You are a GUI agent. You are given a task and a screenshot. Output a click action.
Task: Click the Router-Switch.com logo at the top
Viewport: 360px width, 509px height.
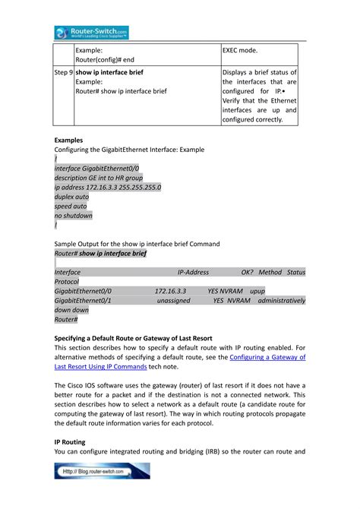[x=91, y=32]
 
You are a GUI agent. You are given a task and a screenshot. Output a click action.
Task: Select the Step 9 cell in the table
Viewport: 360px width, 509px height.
[x=63, y=72]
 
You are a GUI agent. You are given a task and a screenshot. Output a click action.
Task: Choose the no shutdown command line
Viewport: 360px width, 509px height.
[x=74, y=216]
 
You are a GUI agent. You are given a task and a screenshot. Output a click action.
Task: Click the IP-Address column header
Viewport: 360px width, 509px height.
[x=193, y=272]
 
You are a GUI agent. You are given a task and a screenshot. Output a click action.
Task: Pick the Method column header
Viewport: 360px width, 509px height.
[x=270, y=272]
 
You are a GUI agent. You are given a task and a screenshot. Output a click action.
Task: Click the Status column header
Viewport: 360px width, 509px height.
[x=296, y=272]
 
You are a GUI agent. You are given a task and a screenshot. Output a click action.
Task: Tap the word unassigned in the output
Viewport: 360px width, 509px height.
[x=173, y=301]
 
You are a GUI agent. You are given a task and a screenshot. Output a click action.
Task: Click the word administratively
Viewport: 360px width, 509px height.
[x=282, y=301]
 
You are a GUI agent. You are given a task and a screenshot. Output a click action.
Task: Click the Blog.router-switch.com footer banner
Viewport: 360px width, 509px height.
[x=102, y=471]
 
